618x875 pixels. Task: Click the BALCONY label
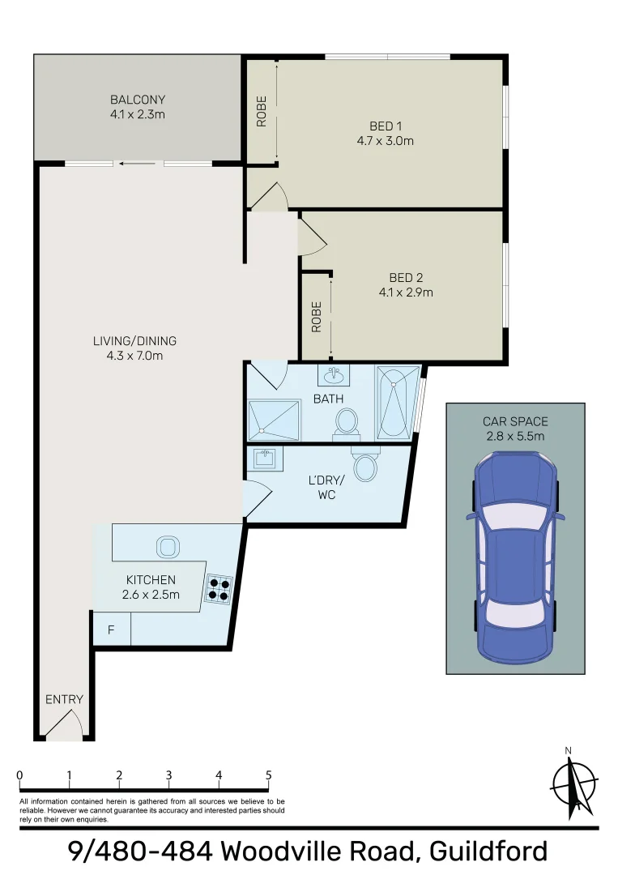pos(138,100)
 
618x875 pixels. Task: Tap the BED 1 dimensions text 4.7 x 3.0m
pos(385,141)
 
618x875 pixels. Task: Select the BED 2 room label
pos(406,278)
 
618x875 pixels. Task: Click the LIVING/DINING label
pos(134,341)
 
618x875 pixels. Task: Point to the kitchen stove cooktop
pos(218,587)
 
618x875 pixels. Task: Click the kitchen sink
pos(167,547)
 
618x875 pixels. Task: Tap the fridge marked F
pos(111,630)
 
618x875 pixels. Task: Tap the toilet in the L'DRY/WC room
pos(366,465)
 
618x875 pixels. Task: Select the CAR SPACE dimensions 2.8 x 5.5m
pos(515,436)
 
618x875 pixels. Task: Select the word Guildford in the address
pos(488,852)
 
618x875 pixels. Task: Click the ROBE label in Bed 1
pos(262,114)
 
